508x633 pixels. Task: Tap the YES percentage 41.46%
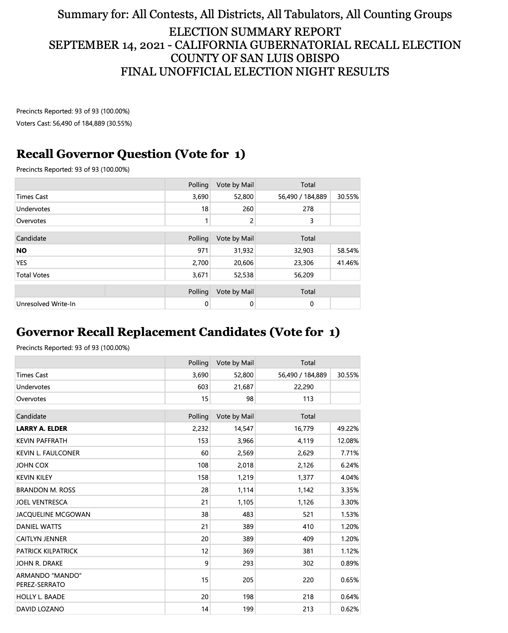347,263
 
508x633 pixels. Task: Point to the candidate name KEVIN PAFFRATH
42,441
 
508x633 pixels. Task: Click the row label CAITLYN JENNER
41,539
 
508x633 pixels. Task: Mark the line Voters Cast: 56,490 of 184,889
74,123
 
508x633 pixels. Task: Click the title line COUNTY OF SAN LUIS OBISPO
255,58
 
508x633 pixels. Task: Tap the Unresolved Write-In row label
46,304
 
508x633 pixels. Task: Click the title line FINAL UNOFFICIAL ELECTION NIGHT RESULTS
255,71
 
